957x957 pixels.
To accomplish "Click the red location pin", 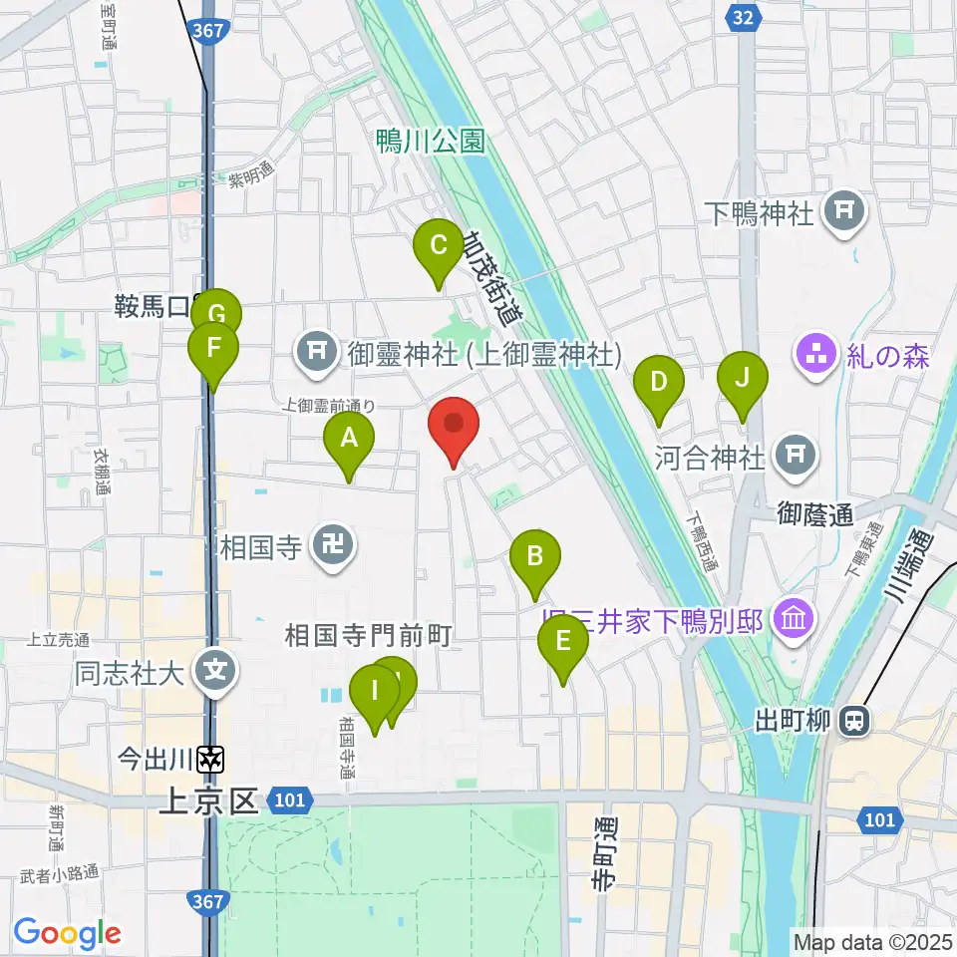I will coord(454,427).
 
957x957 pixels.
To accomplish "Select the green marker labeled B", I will coord(535,557).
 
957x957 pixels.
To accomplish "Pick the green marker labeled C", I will coord(438,247).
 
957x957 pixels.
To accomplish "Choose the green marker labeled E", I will coord(563,644).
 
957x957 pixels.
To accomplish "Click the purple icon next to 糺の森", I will coord(816,353).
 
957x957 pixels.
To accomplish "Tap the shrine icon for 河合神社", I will coord(796,456).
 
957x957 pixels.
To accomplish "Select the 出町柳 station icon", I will coord(853,720).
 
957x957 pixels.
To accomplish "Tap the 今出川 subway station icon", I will coord(211,761).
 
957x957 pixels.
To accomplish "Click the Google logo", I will coord(68,933).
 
